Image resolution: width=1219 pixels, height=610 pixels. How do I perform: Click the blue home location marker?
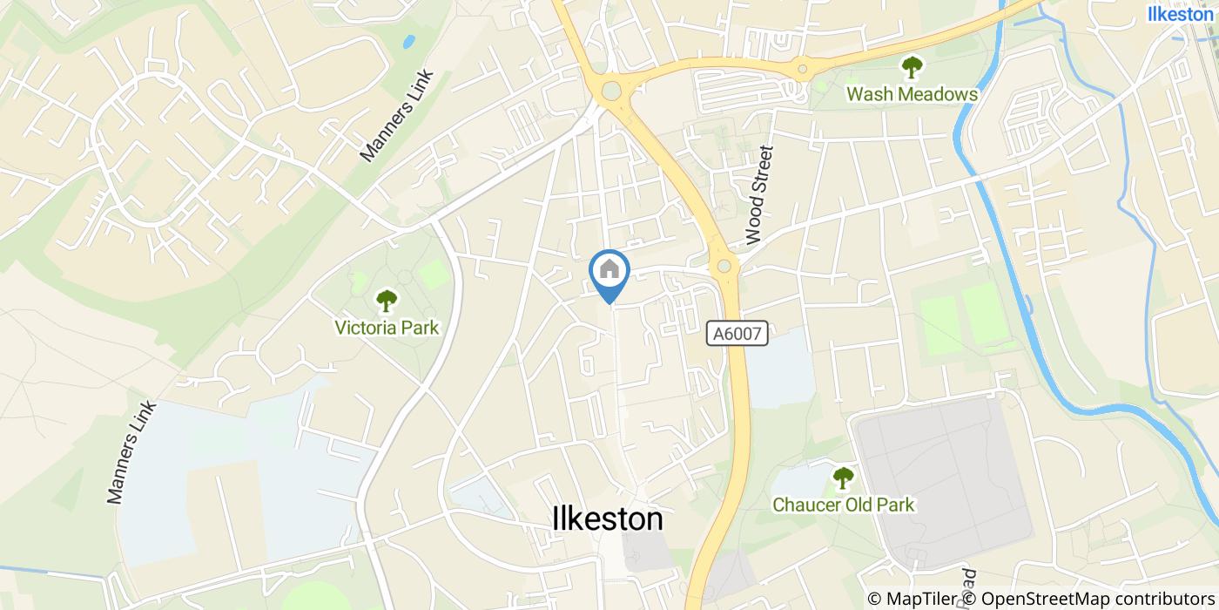609,272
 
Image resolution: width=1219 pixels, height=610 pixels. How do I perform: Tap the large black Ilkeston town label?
608,519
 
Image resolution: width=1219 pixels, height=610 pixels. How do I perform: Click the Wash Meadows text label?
912,94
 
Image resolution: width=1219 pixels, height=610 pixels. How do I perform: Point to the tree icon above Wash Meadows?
912,66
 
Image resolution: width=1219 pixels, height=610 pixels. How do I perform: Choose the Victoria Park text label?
387,328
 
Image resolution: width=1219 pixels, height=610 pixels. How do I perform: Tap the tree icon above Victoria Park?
386,302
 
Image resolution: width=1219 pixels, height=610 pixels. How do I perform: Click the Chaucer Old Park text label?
843,505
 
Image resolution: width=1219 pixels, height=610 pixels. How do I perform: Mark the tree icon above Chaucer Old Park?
842,478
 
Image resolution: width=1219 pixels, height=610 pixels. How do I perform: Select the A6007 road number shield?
737,333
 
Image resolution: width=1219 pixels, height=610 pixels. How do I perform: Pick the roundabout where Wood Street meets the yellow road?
723,266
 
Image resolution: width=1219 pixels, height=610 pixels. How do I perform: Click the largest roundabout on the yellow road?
612,90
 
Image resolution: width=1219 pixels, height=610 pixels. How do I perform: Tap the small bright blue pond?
408,41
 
